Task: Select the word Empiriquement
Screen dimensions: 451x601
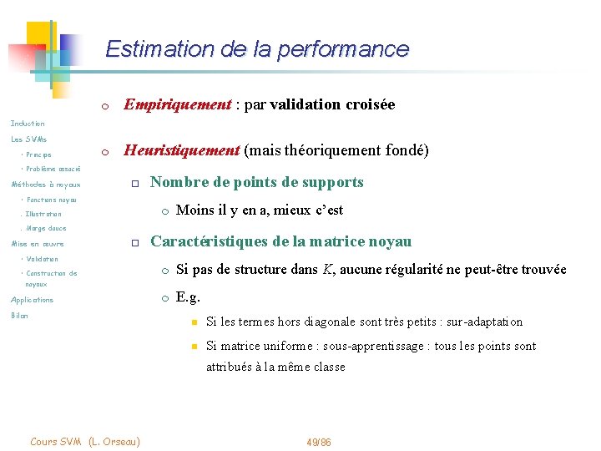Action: (176, 104)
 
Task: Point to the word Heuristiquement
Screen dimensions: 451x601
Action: (181, 151)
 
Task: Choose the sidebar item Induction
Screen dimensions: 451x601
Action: (28, 124)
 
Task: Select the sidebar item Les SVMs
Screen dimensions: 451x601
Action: (29, 139)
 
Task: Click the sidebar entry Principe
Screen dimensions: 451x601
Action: (38, 155)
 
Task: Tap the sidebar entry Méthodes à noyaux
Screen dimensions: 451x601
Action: (46, 185)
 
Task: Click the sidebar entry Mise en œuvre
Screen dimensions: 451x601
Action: (37, 244)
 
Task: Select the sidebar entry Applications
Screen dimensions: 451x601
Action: (32, 300)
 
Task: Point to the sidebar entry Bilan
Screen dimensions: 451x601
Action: (19, 316)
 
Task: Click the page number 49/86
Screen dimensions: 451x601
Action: (319, 441)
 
